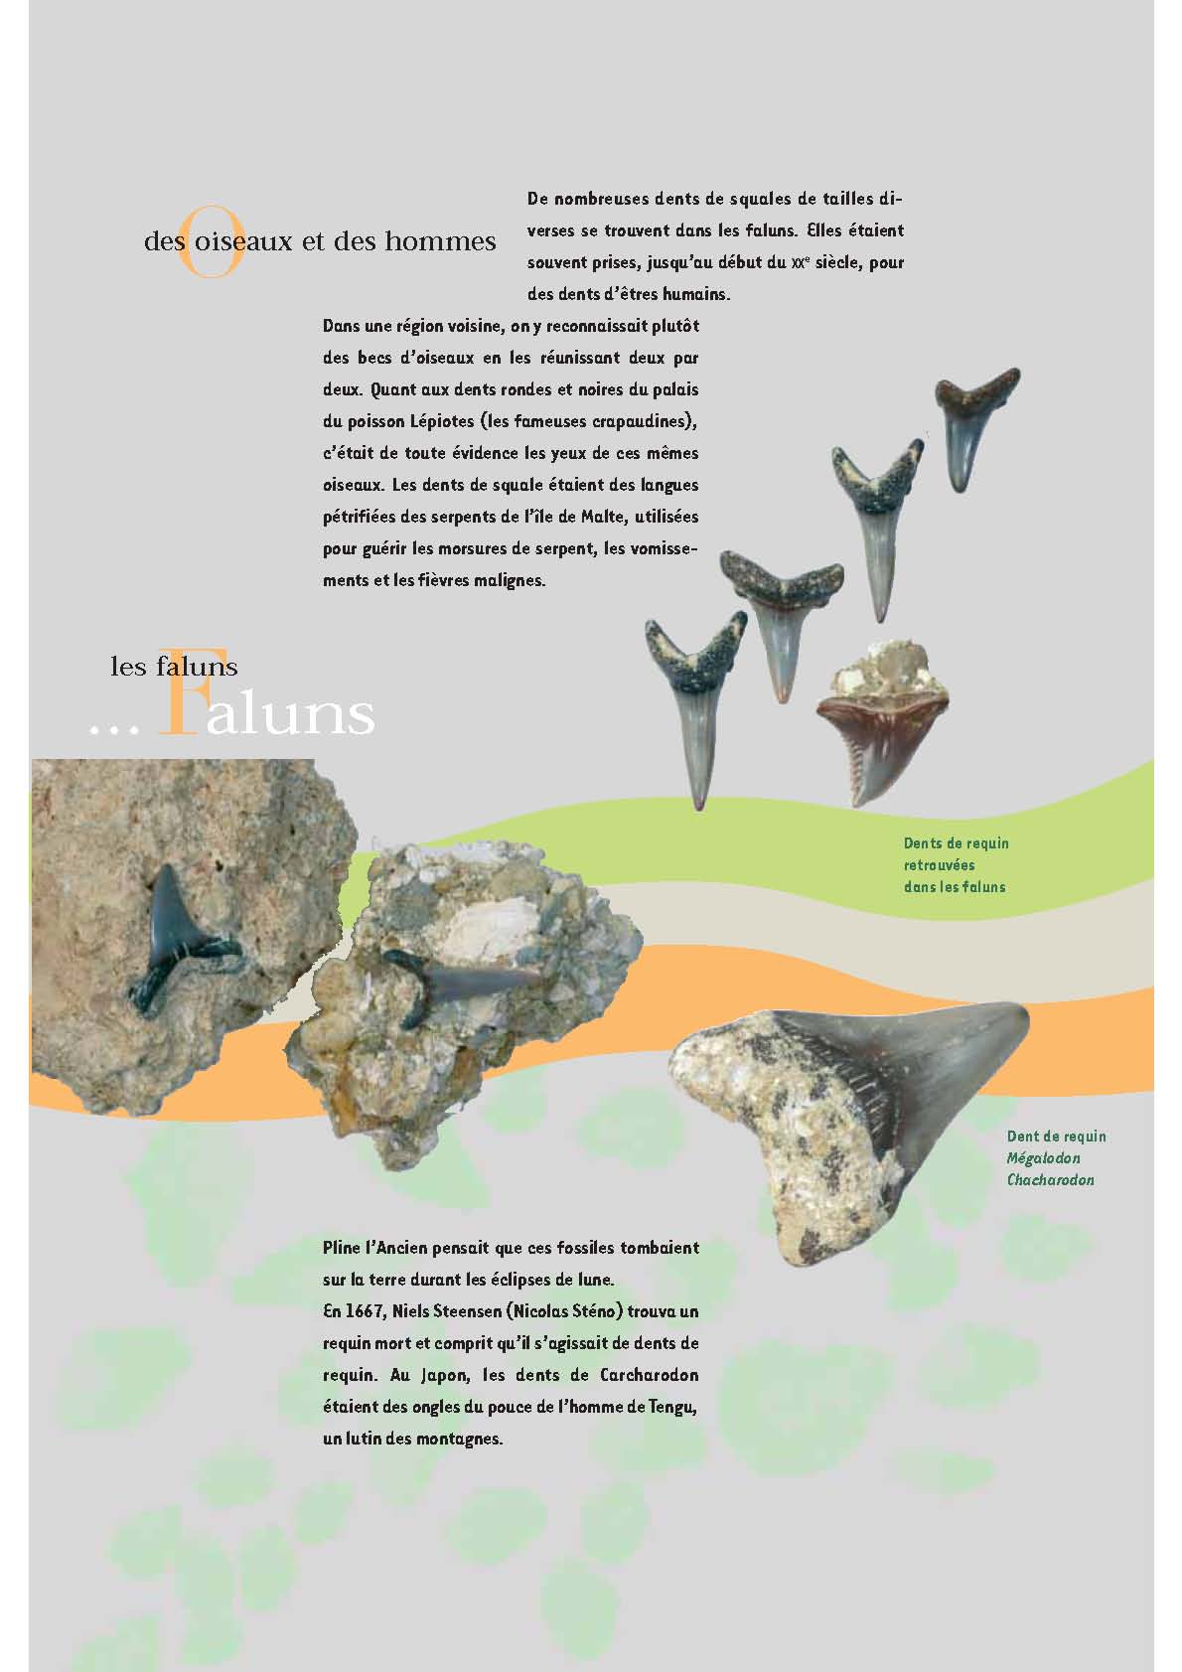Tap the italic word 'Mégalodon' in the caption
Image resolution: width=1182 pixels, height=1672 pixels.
point(1043,1158)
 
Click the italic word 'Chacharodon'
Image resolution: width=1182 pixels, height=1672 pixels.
point(1050,1180)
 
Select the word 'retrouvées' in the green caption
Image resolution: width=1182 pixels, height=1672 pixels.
point(939,865)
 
